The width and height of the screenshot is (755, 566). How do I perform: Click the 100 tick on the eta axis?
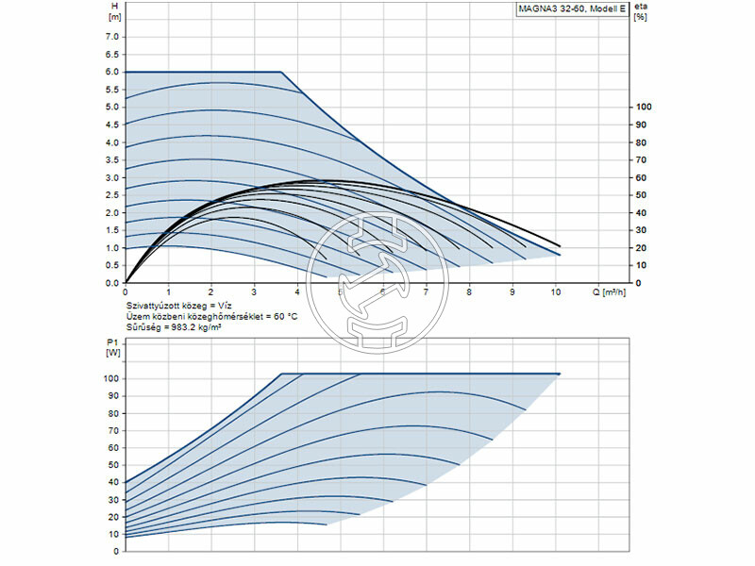coord(645,107)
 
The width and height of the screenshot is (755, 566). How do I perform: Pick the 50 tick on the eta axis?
coord(642,195)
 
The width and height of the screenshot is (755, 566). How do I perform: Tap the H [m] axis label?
coord(115,11)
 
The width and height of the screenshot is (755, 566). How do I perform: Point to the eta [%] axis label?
coord(643,11)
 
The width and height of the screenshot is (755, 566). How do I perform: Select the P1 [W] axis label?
coord(115,346)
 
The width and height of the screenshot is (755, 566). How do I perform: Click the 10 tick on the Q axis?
coord(555,292)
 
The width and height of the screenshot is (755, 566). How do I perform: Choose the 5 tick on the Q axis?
coord(341,292)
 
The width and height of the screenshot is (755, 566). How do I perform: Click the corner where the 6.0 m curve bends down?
coord(281,72)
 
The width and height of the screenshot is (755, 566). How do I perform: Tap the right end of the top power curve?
coord(560,374)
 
